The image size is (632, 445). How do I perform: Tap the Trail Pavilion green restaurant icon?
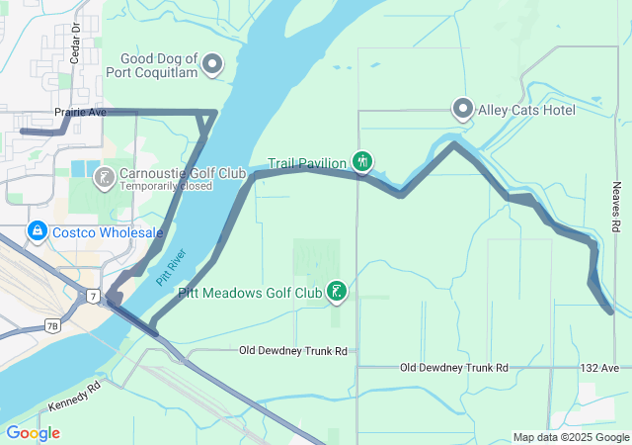[x=362, y=161]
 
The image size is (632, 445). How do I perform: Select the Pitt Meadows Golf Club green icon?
[x=338, y=291]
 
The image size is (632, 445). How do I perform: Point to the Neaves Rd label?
[x=614, y=199]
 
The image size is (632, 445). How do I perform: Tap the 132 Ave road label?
[x=598, y=368]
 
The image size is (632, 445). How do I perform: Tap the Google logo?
[x=33, y=433]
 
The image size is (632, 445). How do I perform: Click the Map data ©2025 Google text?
[x=571, y=437]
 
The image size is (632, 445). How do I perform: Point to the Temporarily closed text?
[x=165, y=185]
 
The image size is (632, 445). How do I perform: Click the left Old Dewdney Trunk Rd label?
[x=294, y=351]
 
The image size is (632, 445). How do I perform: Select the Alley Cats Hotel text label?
[x=526, y=110]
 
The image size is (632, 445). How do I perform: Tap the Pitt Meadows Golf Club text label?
[x=251, y=293]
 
